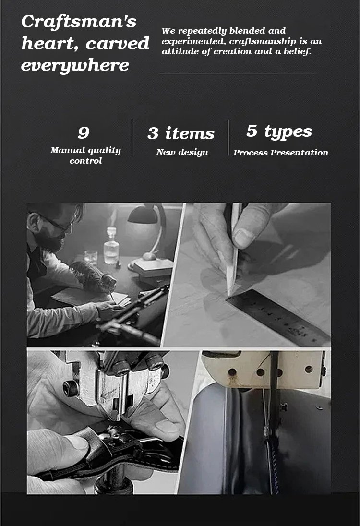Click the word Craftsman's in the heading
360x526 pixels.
click(79, 22)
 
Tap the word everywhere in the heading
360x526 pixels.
click(75, 65)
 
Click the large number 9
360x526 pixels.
click(84, 133)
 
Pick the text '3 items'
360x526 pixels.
click(181, 133)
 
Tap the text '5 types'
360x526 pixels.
click(279, 131)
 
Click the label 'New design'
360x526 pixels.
click(182, 152)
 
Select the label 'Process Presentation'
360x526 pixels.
click(281, 153)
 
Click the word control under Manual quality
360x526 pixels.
click(86, 161)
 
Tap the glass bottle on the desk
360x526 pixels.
click(111, 246)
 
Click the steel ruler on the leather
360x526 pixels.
click(278, 317)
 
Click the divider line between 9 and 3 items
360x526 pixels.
click(132, 138)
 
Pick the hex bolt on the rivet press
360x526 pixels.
click(70, 388)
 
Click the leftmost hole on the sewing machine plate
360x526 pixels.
click(232, 371)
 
